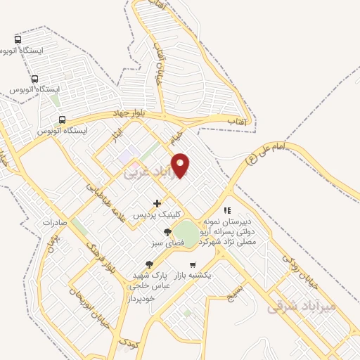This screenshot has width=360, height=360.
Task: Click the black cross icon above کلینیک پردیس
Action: pyautogui.click(x=167, y=203)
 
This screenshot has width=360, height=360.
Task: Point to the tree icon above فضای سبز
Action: pyautogui.click(x=167, y=231)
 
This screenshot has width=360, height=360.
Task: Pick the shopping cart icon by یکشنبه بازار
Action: pyautogui.click(x=192, y=265)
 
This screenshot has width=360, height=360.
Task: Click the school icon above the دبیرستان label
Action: pyautogui.click(x=226, y=210)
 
